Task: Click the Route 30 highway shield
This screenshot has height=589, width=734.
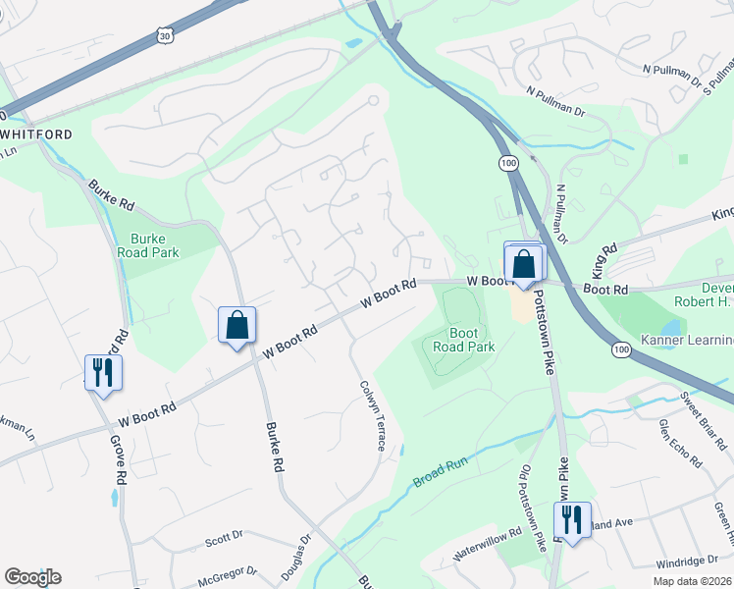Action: [164, 36]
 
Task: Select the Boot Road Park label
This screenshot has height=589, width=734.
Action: [458, 340]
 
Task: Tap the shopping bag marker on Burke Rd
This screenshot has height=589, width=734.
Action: [237, 326]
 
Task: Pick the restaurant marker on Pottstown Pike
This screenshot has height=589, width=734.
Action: [571, 520]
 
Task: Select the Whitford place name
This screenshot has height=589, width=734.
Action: [38, 133]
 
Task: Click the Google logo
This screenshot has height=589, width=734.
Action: [32, 577]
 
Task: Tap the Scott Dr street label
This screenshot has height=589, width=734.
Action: [224, 538]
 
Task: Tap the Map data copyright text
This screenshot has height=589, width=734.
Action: [692, 580]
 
